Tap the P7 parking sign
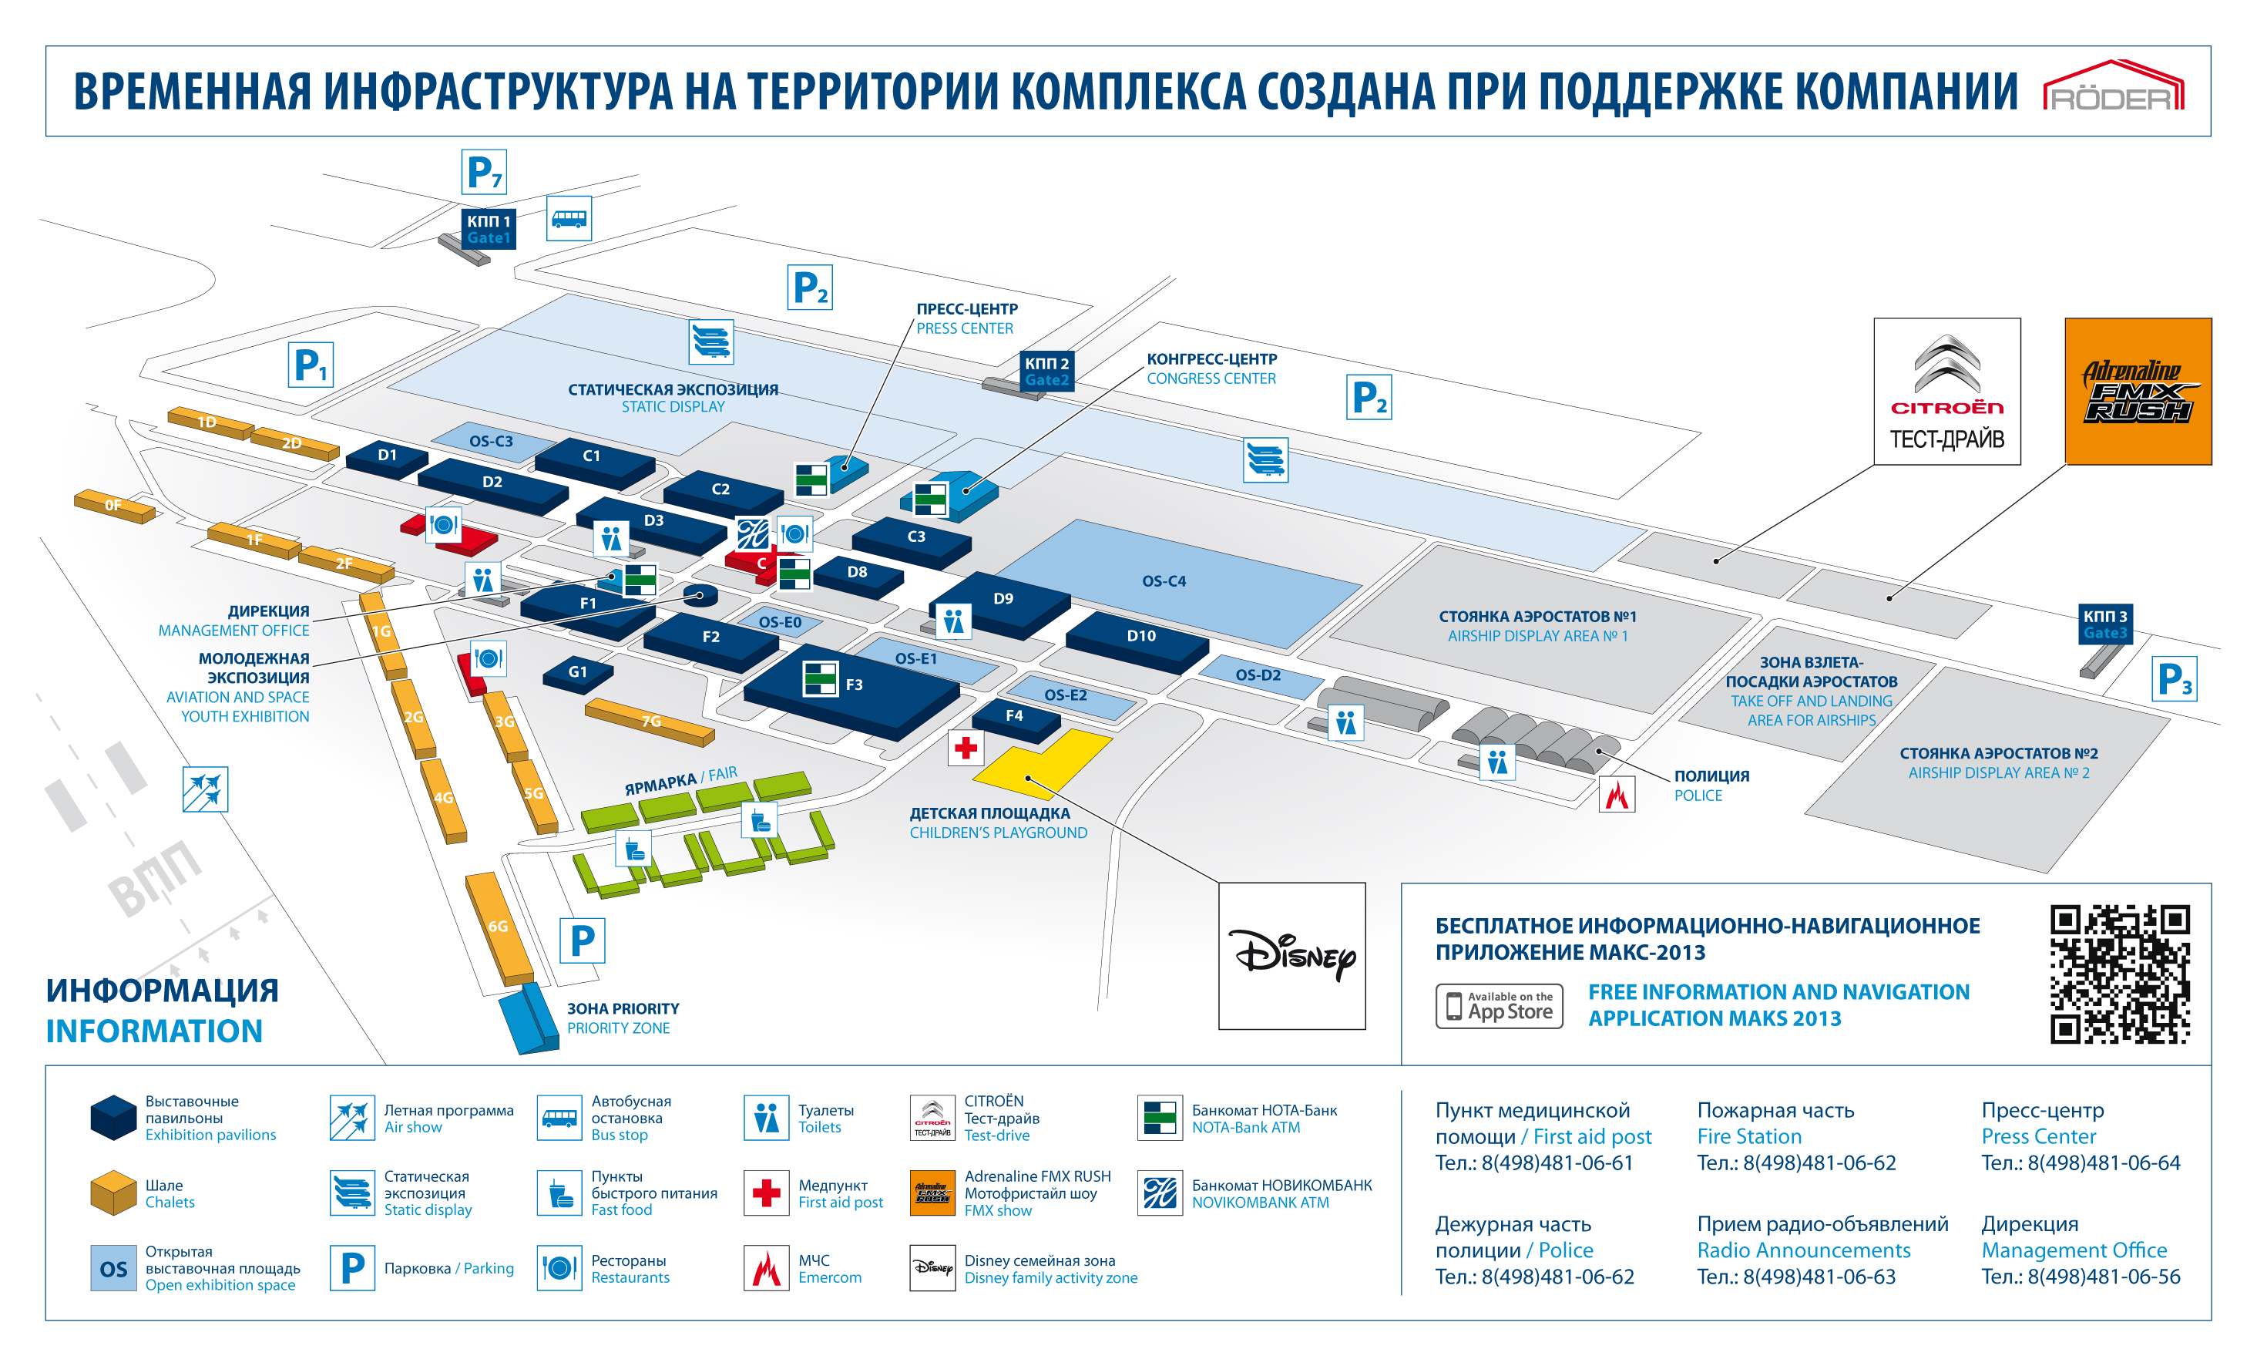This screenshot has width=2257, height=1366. pyautogui.click(x=484, y=171)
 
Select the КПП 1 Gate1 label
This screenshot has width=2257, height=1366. pyautogui.click(x=489, y=229)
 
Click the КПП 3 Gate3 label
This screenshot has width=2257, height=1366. pyautogui.click(x=2105, y=624)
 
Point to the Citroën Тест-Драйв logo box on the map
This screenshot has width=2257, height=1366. pyautogui.click(x=1946, y=391)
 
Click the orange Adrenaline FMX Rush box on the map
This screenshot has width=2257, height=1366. pyautogui.click(x=2138, y=391)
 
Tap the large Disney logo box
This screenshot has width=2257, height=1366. pyautogui.click(x=1291, y=956)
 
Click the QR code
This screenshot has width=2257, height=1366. pyautogui.click(x=2120, y=974)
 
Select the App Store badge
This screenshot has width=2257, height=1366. pyautogui.click(x=1499, y=1006)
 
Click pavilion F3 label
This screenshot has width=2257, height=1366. pyautogui.click(x=854, y=685)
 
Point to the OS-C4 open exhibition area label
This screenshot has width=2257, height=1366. pyautogui.click(x=1164, y=580)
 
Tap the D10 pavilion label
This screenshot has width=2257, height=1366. pyautogui.click(x=1140, y=636)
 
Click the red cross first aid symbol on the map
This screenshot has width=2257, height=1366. pyautogui.click(x=966, y=749)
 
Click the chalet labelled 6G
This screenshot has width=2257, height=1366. pyautogui.click(x=497, y=927)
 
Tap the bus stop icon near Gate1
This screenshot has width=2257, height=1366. pyautogui.click(x=569, y=219)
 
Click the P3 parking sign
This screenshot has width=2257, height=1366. pyautogui.click(x=2174, y=680)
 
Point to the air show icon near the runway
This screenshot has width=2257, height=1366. pyautogui.click(x=205, y=789)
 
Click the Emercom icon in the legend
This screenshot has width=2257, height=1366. pyautogui.click(x=766, y=1268)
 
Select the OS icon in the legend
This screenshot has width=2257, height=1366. pyautogui.click(x=113, y=1268)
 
